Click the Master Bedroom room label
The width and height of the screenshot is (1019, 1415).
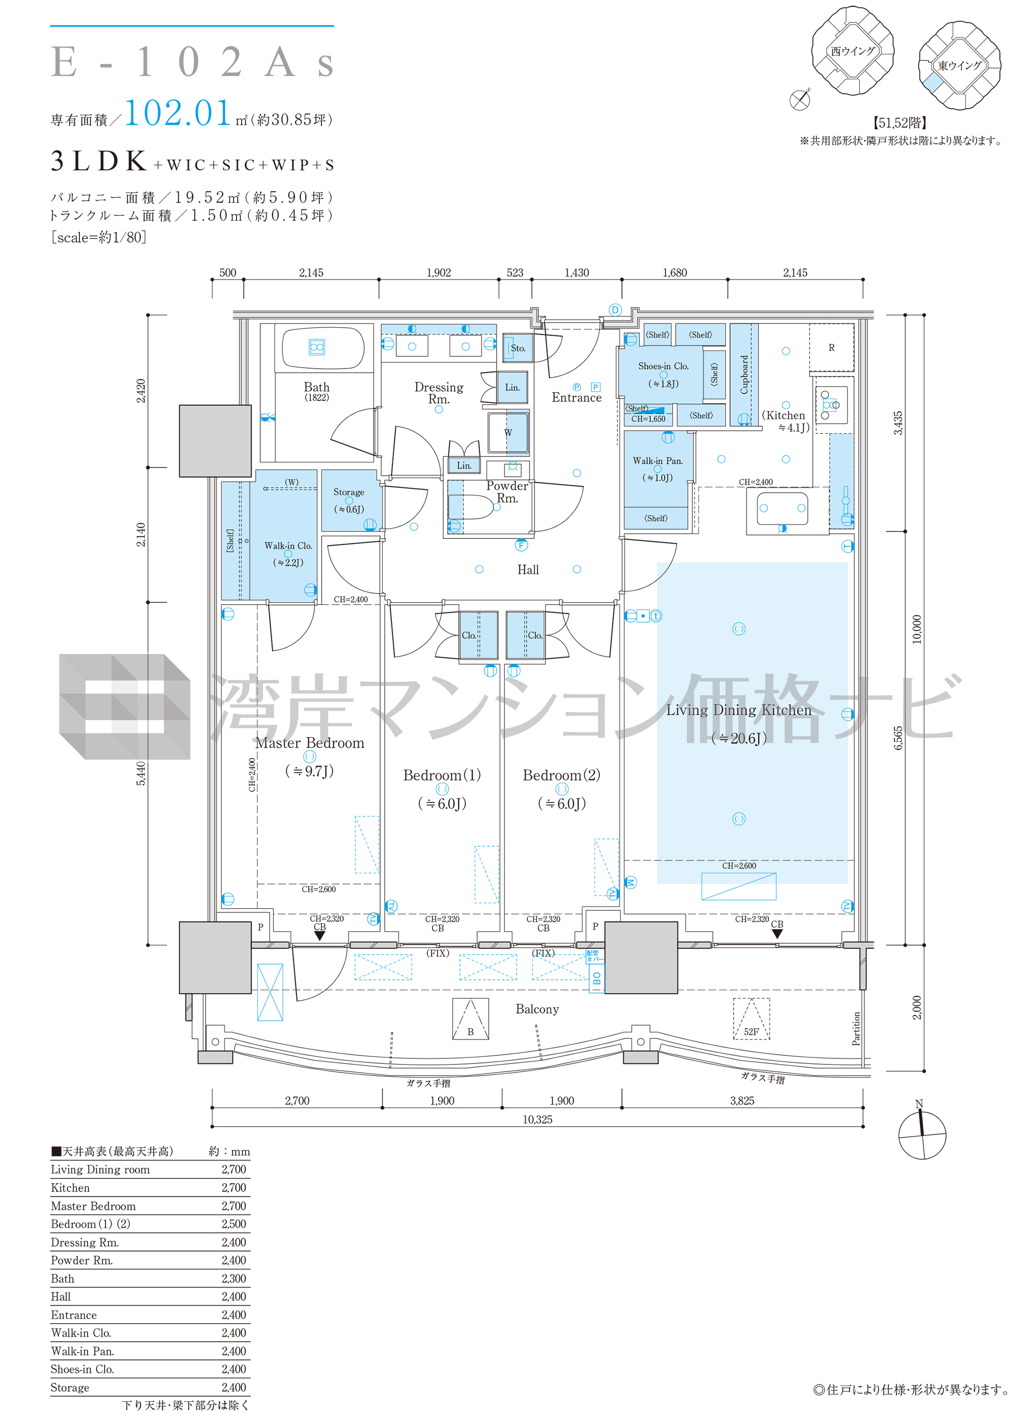(x=310, y=742)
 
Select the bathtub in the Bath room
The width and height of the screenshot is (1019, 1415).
(x=323, y=348)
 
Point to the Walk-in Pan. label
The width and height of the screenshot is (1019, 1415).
(x=658, y=460)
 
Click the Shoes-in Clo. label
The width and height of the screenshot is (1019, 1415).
(x=663, y=366)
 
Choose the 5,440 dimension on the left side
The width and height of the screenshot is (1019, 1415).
(x=141, y=774)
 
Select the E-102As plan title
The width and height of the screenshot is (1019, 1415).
(x=192, y=62)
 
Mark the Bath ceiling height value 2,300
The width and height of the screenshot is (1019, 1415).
(x=234, y=1278)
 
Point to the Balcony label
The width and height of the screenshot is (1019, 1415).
(x=537, y=1009)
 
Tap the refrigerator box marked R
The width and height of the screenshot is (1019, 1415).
(x=831, y=348)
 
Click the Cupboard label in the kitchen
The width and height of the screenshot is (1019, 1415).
(x=744, y=375)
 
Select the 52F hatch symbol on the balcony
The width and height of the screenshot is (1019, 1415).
(x=751, y=1019)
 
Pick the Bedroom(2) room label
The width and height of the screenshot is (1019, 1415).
(x=562, y=775)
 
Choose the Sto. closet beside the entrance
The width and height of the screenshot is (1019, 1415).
(x=517, y=348)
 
